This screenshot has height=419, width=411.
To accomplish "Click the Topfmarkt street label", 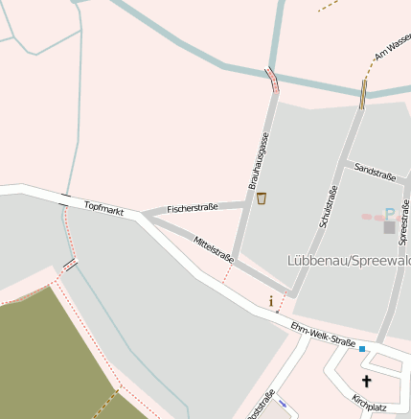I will (104, 207).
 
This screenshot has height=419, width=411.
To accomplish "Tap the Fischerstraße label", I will (193, 207).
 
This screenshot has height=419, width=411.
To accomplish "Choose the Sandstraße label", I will (375, 174).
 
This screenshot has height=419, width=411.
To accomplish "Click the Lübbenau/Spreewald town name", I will (349, 260).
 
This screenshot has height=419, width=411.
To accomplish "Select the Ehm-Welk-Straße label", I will (323, 335).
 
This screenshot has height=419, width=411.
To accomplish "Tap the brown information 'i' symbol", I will (271, 301).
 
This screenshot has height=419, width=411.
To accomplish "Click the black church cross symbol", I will (366, 381).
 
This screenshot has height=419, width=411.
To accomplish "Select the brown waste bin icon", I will (262, 198).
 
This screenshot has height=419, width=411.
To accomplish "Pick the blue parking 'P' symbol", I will (389, 213).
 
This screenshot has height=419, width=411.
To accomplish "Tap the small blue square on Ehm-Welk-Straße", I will (362, 349).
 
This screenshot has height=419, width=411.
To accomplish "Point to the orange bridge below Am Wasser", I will (363, 94).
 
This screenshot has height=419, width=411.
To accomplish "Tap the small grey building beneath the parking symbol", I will (388, 227).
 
